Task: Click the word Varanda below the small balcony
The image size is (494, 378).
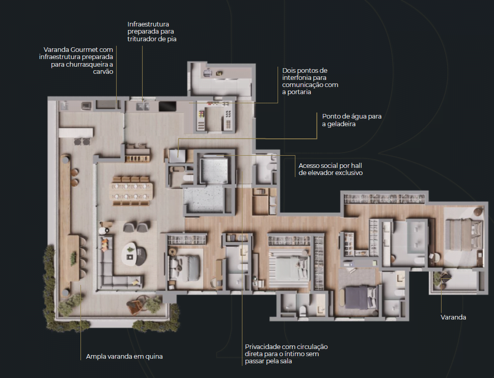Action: (453, 317)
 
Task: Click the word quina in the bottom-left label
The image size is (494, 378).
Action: (153, 357)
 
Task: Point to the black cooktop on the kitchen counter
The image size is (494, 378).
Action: (167, 106)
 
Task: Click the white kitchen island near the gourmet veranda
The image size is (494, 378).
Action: (76, 132)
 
